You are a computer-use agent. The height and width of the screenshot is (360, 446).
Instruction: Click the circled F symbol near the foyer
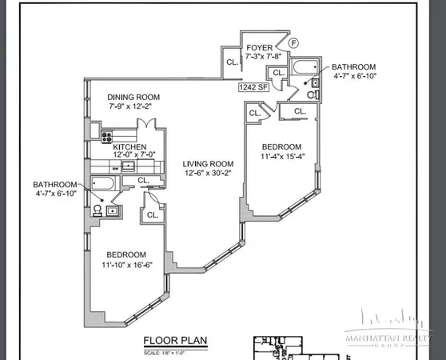[293, 42]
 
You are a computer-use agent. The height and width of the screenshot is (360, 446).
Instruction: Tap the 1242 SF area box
[253, 89]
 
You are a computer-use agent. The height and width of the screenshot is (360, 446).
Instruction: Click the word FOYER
[260, 47]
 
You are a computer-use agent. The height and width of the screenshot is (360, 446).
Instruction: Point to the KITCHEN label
[129, 147]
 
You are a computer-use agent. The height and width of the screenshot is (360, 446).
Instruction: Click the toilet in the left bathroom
[97, 210]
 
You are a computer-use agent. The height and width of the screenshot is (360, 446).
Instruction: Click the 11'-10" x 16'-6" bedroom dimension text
[125, 265]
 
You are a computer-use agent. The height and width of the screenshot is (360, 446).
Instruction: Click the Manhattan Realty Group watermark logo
[388, 337]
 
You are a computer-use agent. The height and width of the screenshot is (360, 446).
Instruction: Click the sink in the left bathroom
[113, 211]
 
